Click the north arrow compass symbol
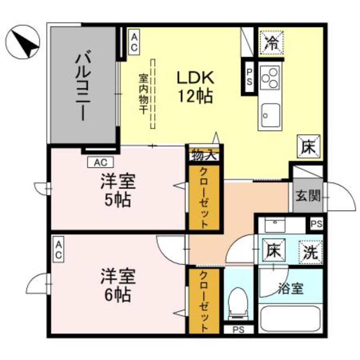pyautogui.click(x=24, y=44)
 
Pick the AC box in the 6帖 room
pyautogui.click(x=58, y=249)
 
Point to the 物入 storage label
pyautogui.click(x=204, y=155)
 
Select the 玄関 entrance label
pyautogui.click(x=308, y=196)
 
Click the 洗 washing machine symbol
pyautogui.click(x=311, y=251)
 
